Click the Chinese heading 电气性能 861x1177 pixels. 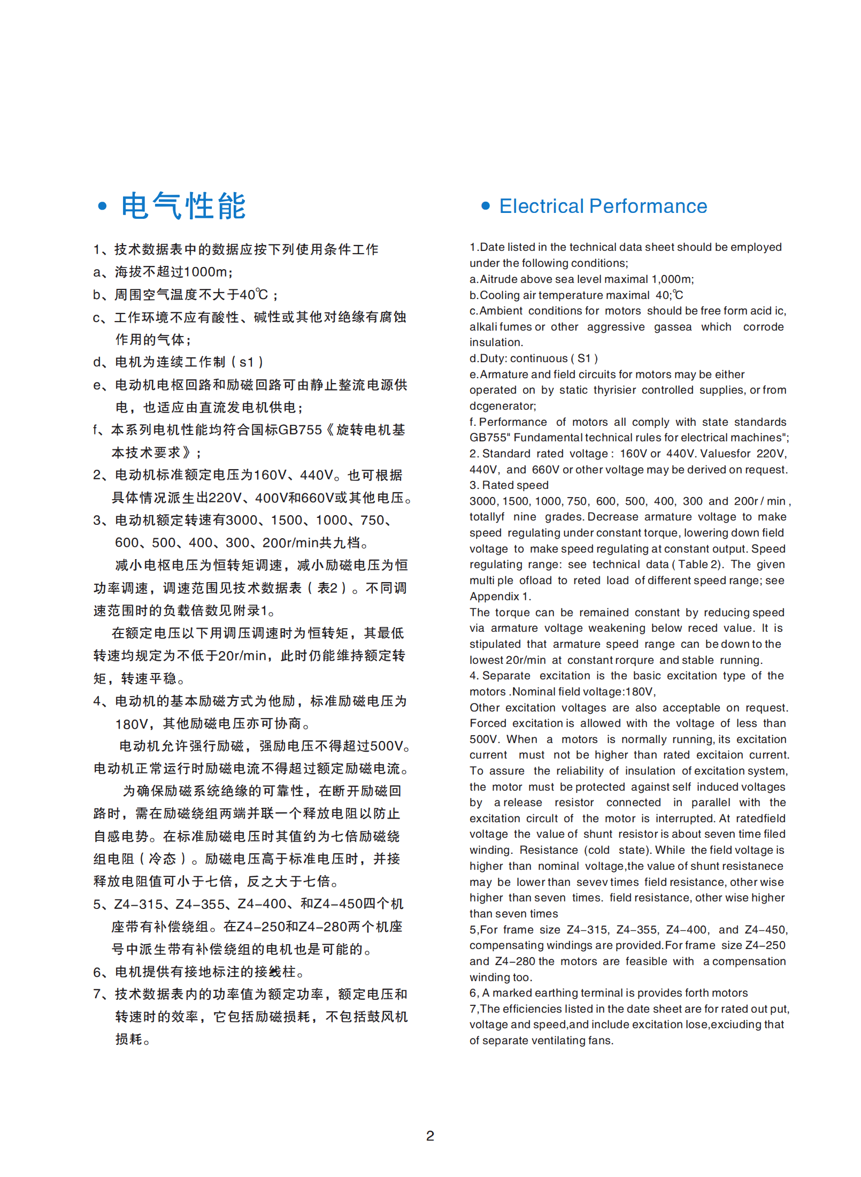[183, 207]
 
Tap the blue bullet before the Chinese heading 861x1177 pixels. [102, 207]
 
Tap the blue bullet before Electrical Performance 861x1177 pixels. [485, 206]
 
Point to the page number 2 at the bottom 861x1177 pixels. [430, 1135]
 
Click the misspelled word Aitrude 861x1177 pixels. [499, 279]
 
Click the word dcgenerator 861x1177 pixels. [502, 406]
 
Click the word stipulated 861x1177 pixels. [495, 644]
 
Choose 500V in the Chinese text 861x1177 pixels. [387, 746]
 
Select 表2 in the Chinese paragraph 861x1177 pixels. [327, 588]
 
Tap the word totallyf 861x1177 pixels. [487, 517]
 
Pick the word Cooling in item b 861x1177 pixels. [499, 295]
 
